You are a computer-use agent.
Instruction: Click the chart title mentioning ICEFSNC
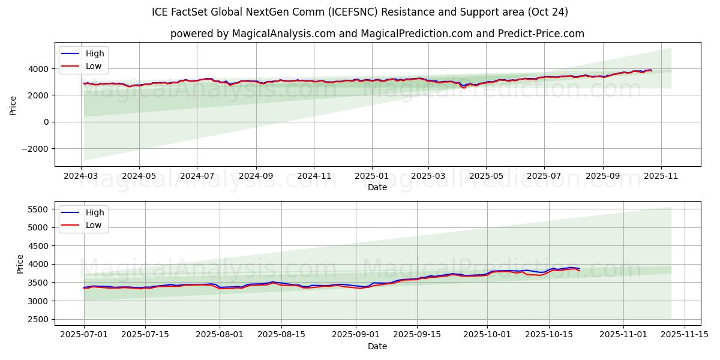(x=360, y=12)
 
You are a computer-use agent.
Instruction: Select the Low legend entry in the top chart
(x=94, y=66)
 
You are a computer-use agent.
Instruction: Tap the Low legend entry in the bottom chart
(x=94, y=225)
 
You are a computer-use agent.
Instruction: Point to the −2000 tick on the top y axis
(x=36, y=149)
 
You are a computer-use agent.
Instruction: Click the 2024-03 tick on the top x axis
(x=81, y=176)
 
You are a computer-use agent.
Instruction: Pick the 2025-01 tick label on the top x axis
(x=371, y=176)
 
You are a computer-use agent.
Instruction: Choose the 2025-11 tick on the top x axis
(x=661, y=176)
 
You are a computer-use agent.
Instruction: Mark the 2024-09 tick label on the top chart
(x=256, y=176)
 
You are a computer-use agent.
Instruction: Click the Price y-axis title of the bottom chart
(x=20, y=264)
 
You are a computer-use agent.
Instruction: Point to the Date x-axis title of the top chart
(x=377, y=187)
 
